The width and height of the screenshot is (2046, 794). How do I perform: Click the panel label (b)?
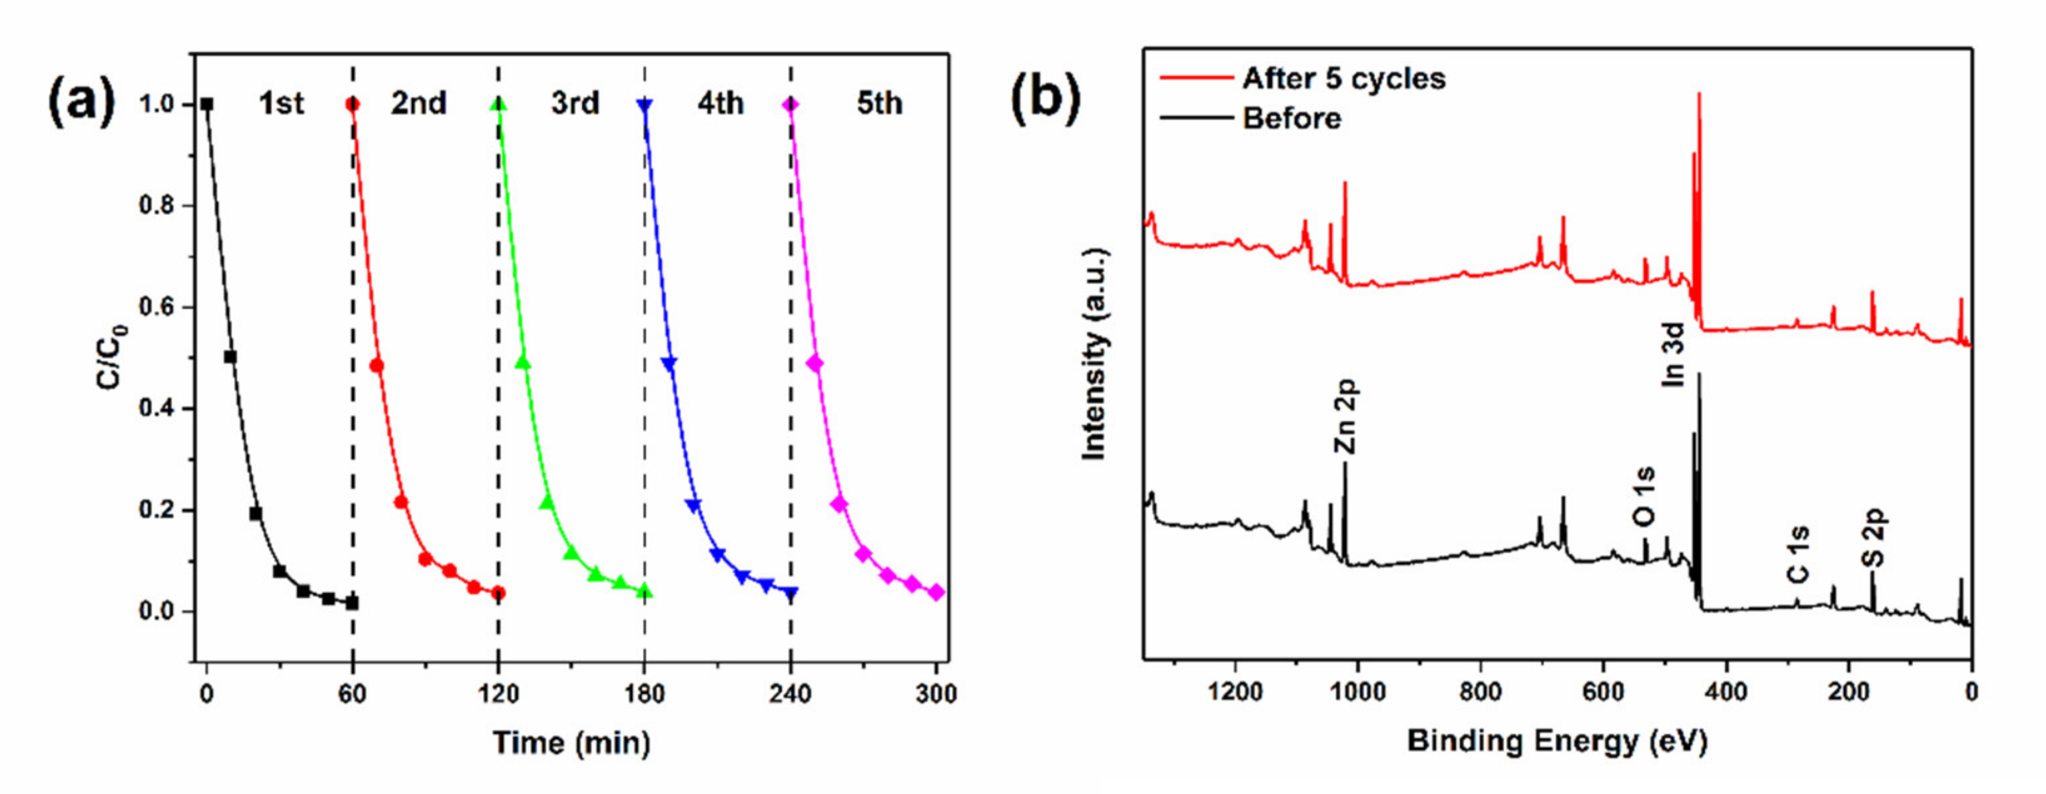pos(1044,103)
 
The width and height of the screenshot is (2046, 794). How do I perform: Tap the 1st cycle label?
pos(281,104)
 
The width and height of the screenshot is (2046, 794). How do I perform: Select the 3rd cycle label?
pos(575,104)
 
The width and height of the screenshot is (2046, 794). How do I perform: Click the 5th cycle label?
pos(879,104)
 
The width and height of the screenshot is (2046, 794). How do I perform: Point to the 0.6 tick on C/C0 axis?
pos(157,307)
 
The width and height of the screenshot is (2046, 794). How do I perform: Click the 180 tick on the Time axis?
pos(644,694)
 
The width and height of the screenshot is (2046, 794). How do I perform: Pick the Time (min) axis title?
pos(571,743)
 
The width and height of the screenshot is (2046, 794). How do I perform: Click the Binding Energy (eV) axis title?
pos(1556,741)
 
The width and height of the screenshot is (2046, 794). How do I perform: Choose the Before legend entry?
pos(1291,119)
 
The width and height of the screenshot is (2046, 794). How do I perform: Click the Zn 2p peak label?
pos(1345,415)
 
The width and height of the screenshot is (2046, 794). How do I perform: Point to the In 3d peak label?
pos(1673,354)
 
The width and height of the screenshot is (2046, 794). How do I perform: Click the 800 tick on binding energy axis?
pos(1480,692)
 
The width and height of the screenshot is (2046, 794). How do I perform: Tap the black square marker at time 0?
pos(207,104)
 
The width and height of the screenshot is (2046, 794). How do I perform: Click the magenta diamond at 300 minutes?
pos(936,592)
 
